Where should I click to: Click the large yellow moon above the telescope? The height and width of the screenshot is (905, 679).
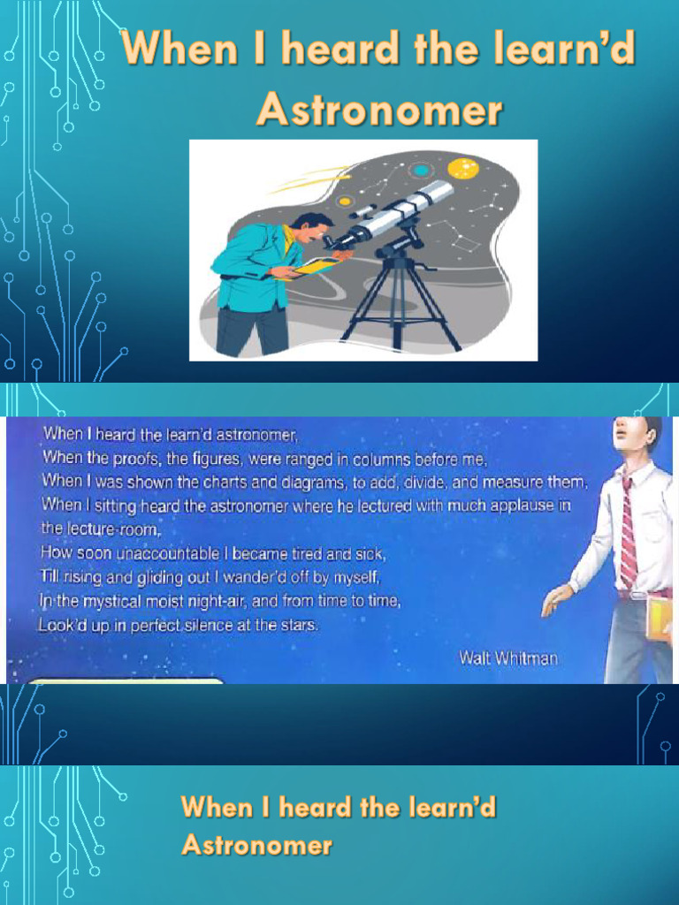462,168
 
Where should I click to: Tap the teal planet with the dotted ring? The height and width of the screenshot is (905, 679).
422,171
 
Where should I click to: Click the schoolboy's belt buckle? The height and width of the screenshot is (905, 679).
638,595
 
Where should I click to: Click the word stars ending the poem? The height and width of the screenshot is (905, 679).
299,626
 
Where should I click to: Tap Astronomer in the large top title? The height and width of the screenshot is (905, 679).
379,112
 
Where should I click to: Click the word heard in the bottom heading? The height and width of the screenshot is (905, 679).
300,807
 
